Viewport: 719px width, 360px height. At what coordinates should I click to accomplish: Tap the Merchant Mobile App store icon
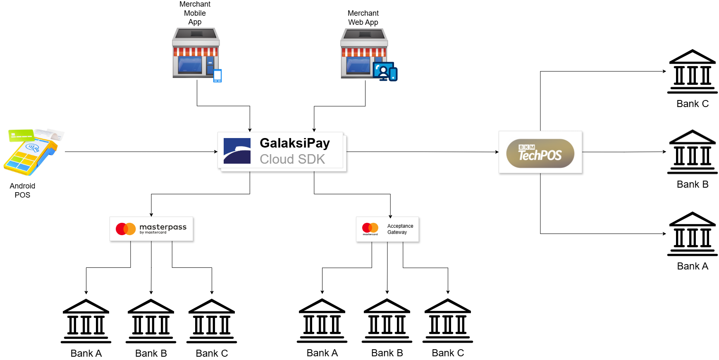(x=195, y=52)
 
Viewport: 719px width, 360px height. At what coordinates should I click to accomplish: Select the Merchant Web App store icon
(x=364, y=53)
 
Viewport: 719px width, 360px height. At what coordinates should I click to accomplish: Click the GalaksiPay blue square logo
(x=237, y=151)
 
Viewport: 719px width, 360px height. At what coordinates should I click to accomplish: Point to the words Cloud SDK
(x=292, y=159)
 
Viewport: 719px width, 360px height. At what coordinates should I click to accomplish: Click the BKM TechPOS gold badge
(x=540, y=153)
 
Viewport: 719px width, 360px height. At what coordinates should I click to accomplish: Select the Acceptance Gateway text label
(x=400, y=229)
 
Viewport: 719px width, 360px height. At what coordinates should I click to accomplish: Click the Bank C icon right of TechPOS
(x=692, y=72)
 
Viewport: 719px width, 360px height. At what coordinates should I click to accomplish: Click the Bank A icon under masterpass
(x=86, y=321)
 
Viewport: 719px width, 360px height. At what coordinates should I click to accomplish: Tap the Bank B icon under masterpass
(x=151, y=321)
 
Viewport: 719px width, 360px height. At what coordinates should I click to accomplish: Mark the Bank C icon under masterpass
(x=212, y=321)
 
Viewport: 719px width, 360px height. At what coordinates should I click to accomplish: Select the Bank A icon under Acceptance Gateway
(x=322, y=321)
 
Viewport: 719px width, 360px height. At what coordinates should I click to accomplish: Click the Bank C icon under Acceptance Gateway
(x=448, y=321)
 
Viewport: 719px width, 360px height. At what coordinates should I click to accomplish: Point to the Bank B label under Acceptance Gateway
(x=387, y=353)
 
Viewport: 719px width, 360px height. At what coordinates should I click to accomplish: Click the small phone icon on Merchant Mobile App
(x=217, y=76)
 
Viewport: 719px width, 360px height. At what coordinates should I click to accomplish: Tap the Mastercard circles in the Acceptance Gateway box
(x=370, y=228)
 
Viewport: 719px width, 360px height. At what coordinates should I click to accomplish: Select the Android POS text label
(x=22, y=191)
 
